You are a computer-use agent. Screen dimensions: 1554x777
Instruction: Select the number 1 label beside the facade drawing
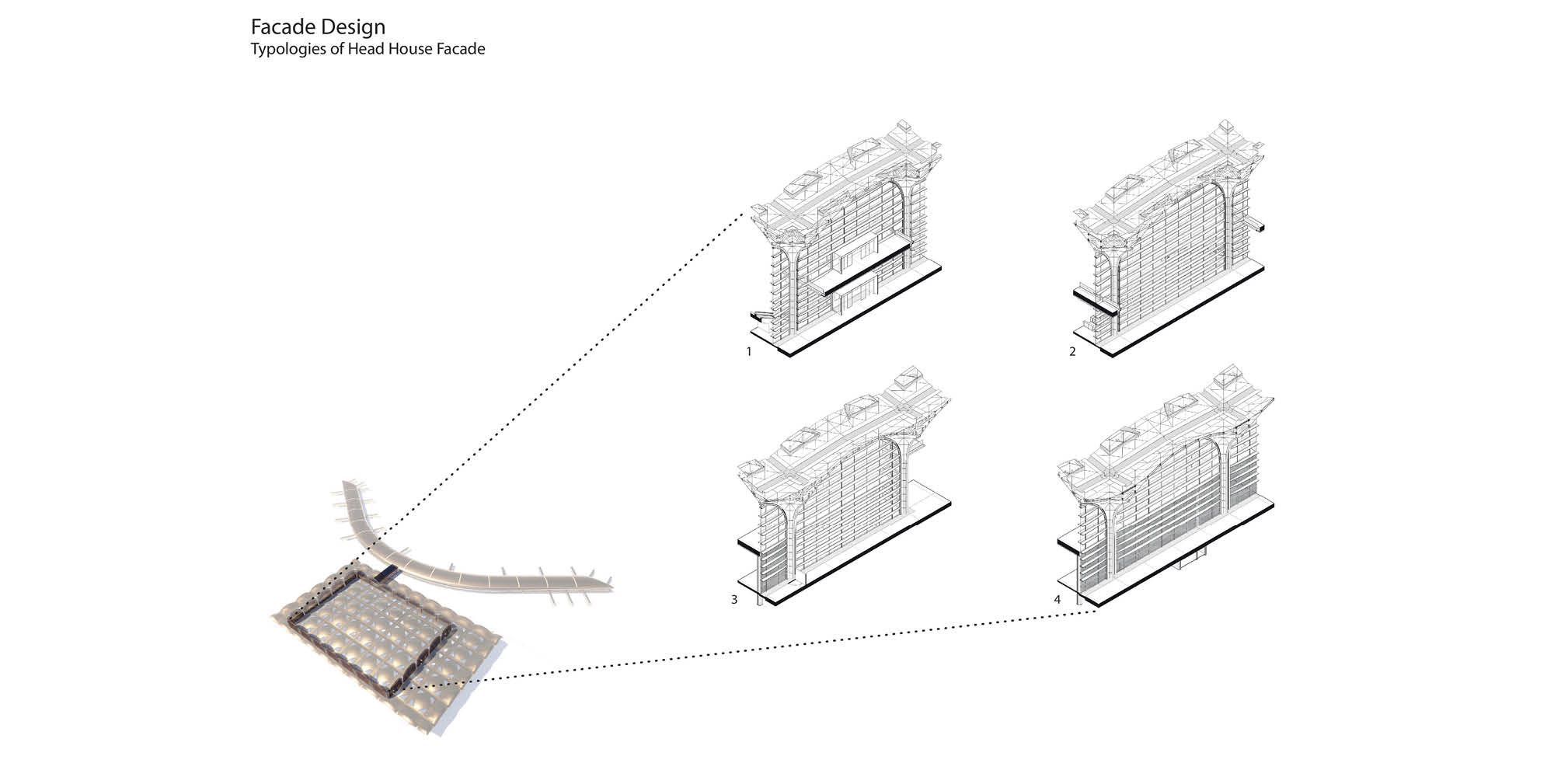[x=749, y=351]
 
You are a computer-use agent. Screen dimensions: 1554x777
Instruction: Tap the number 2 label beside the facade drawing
[x=1072, y=351]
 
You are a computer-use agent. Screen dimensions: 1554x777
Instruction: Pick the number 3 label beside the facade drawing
[x=734, y=600]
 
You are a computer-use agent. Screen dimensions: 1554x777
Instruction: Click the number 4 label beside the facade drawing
[x=1057, y=600]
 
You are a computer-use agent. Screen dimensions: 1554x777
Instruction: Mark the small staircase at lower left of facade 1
[x=761, y=315]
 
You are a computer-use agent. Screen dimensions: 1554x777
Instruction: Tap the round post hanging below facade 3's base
[x=759, y=600]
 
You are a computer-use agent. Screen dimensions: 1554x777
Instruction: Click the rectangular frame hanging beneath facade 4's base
[x=1193, y=554]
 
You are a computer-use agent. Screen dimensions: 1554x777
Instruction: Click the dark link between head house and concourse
[x=386, y=576]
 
